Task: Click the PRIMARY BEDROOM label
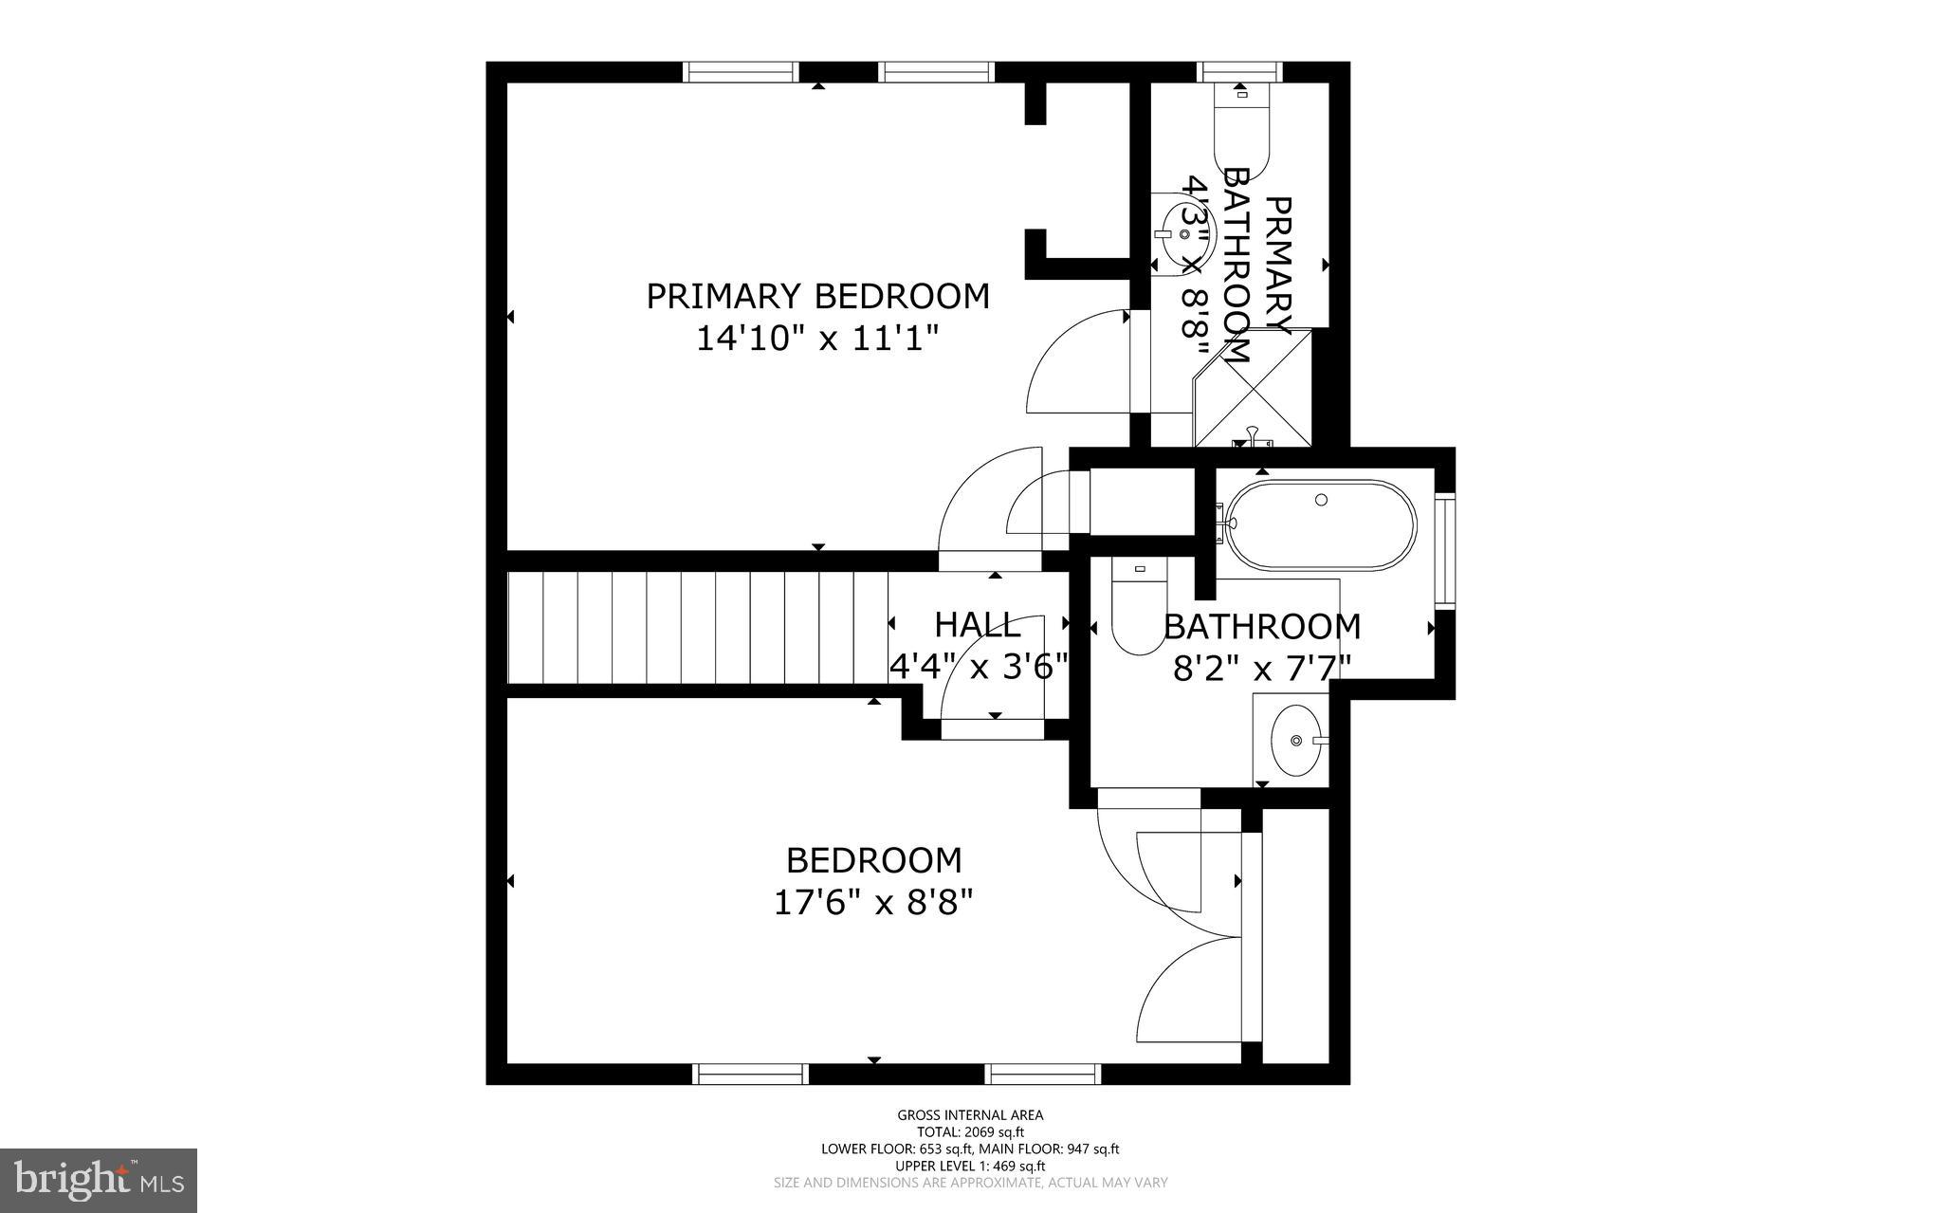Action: tap(817, 296)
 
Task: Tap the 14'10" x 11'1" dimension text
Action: tap(817, 338)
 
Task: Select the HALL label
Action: tap(978, 625)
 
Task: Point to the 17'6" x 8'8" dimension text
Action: tap(874, 902)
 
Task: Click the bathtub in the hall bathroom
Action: tap(1320, 524)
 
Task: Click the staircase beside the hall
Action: tap(697, 627)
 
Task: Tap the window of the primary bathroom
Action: tap(1241, 72)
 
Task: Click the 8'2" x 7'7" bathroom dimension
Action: tap(1261, 669)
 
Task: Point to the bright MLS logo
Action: tap(99, 1181)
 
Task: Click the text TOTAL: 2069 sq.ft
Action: tap(970, 1131)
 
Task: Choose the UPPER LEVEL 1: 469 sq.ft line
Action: tap(970, 1166)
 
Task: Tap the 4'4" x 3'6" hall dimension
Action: tap(979, 666)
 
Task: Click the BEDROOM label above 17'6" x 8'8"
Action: tap(874, 860)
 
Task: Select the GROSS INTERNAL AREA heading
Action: tap(970, 1115)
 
